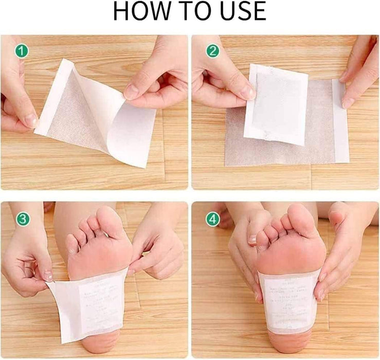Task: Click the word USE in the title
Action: click(239, 12)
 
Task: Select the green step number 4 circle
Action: click(212, 219)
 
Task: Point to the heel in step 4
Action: click(289, 337)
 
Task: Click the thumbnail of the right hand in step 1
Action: click(132, 92)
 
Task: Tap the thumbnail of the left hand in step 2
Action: click(247, 93)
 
